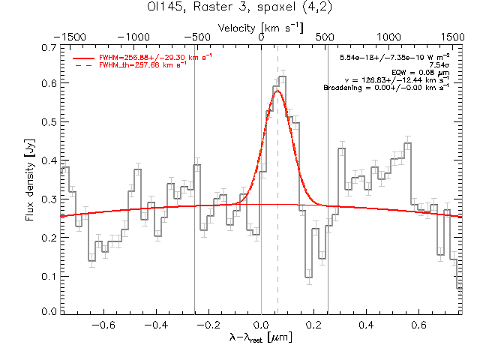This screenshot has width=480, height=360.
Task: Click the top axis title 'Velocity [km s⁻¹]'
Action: point(261,27)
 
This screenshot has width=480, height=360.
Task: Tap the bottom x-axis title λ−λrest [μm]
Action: point(261,338)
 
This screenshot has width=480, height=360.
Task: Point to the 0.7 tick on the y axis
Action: point(49,47)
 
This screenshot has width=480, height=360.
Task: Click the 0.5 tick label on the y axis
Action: point(49,122)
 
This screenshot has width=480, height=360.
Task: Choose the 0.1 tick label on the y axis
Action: point(49,276)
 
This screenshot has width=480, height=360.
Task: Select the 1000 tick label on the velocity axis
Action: point(388,36)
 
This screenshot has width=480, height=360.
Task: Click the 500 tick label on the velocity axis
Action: point(325,36)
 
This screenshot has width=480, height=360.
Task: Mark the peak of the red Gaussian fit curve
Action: point(277,91)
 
